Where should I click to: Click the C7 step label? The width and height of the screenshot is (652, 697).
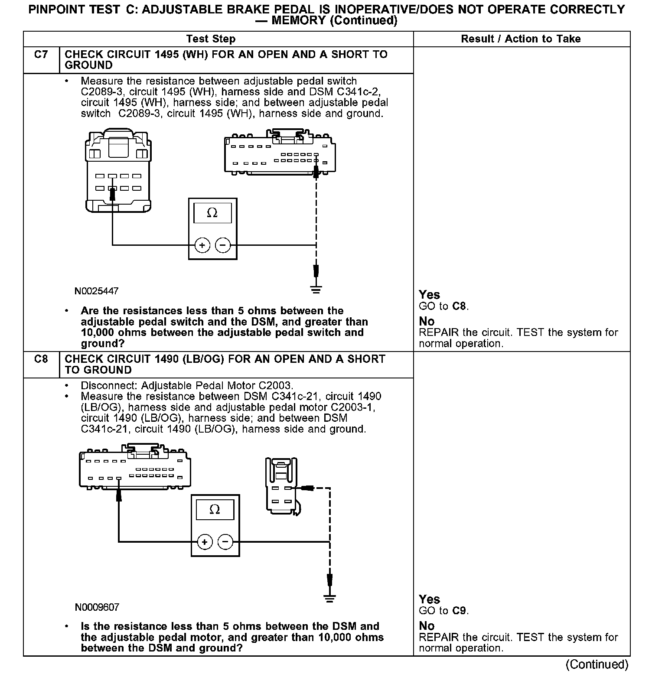click(x=41, y=55)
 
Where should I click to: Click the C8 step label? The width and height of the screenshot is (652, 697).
click(x=41, y=359)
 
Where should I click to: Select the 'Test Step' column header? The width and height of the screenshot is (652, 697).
click(x=211, y=39)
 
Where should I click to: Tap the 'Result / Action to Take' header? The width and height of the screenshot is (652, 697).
click(x=521, y=39)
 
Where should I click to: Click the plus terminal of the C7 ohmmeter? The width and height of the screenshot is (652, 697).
click(x=202, y=245)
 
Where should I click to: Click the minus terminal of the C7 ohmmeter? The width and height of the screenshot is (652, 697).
click(x=223, y=245)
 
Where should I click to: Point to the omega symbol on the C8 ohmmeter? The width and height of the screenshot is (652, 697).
click(x=215, y=509)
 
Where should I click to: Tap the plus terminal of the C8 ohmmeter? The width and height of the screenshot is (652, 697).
click(x=205, y=542)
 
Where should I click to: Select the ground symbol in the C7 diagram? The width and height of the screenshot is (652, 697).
click(x=316, y=290)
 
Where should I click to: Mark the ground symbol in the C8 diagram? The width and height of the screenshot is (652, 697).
click(x=329, y=599)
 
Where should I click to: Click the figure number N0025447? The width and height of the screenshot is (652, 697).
click(x=96, y=291)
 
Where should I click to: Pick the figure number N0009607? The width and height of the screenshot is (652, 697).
click(x=97, y=607)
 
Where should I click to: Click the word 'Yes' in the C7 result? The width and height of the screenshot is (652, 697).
click(x=429, y=295)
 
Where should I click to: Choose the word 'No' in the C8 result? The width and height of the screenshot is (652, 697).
click(x=427, y=626)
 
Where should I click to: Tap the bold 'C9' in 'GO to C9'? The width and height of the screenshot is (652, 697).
click(x=459, y=611)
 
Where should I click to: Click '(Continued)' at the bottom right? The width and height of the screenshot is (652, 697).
click(x=597, y=664)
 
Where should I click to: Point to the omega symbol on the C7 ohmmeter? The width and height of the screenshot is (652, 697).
click(x=212, y=213)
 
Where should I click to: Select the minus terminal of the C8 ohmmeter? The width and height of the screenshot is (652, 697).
click(x=225, y=542)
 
